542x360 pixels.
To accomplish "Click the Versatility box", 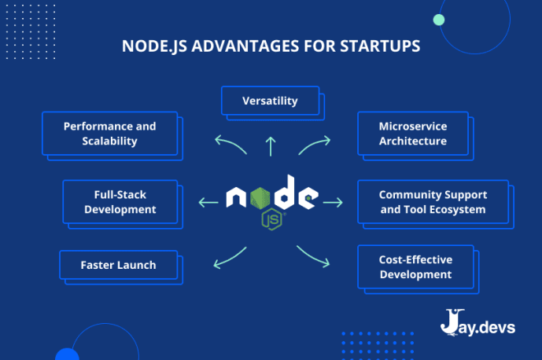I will [x=270, y=101].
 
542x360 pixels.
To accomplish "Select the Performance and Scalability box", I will [x=109, y=134].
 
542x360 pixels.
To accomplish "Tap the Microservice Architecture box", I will [x=412, y=134].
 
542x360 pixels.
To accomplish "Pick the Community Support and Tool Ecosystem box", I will [x=433, y=202].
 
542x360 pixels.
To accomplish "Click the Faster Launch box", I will [x=118, y=265].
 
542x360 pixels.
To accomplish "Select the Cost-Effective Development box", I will [x=415, y=267].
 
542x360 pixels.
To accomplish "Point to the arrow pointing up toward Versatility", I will [x=271, y=145].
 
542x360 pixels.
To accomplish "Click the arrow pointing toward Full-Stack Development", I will [x=208, y=202].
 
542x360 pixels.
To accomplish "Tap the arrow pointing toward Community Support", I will [x=333, y=202].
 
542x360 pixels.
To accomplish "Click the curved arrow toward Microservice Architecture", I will [x=315, y=143].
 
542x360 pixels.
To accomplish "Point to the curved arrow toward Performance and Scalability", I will [x=229, y=144].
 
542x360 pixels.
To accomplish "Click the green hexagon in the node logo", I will [x=263, y=197].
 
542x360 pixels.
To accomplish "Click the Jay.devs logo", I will [x=477, y=323].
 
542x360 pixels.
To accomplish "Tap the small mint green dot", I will [x=439, y=20].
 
